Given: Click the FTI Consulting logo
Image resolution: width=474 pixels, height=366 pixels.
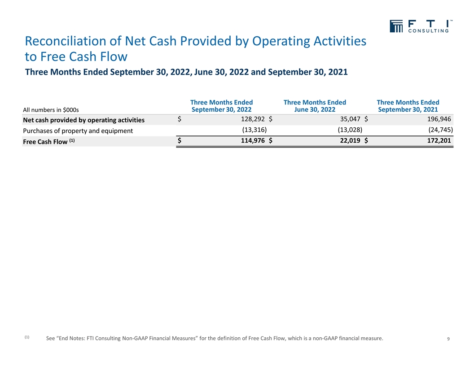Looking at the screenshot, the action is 421,26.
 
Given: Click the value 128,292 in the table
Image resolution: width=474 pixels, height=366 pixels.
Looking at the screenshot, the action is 253,119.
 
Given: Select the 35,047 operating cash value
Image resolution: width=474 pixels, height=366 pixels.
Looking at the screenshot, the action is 350,119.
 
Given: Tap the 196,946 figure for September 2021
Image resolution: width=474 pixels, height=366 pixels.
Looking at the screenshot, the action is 439,119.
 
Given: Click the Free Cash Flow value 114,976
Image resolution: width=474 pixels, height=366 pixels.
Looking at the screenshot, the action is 253,140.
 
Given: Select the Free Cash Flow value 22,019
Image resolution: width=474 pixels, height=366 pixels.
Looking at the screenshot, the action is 350,140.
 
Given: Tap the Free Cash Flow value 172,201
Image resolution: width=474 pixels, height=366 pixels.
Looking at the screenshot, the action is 439,140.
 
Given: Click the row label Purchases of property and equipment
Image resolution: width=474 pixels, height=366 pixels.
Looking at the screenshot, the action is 78,131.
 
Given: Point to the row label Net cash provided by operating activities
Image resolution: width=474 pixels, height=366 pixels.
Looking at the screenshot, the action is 84,120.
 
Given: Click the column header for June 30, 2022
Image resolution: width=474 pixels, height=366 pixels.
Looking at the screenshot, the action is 315,106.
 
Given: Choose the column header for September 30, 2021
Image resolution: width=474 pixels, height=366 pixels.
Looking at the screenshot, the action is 408,106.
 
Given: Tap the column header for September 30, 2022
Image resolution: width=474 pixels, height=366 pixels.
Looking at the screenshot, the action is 222,106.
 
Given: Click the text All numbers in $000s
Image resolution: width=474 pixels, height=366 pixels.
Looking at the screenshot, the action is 51,110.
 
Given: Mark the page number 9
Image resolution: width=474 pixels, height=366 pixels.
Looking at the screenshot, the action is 448,339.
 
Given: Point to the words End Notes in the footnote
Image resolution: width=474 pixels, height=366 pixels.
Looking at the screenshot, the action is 71,338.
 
